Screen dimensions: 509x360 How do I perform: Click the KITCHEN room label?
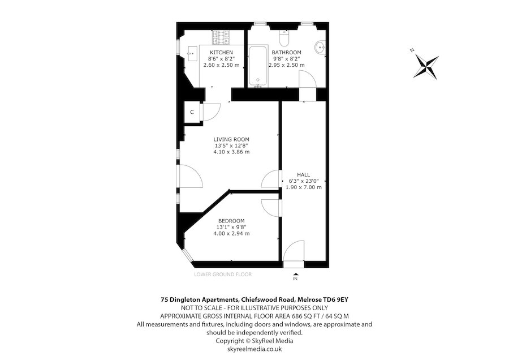221,52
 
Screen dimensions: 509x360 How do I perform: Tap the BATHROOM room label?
286,52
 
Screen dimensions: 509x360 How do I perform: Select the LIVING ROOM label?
231,139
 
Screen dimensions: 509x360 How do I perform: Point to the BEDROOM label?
231,221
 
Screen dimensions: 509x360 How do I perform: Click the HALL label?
304,175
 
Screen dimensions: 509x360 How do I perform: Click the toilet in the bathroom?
284,38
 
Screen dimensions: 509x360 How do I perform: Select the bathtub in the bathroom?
258,66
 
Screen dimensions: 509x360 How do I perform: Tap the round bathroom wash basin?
321,48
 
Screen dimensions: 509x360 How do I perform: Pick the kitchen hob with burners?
221,38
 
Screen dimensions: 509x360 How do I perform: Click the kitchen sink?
192,53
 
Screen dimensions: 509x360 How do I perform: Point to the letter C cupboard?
192,112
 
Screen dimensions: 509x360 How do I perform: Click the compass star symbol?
426,67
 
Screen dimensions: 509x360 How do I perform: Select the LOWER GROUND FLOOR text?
223,275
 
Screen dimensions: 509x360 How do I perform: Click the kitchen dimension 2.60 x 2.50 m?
221,65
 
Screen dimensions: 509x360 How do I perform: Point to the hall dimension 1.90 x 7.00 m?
304,187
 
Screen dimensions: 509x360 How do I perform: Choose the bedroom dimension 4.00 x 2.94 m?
231,234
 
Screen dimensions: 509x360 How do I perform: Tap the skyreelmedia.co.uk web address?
255,349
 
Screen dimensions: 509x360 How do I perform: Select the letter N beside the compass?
412,50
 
